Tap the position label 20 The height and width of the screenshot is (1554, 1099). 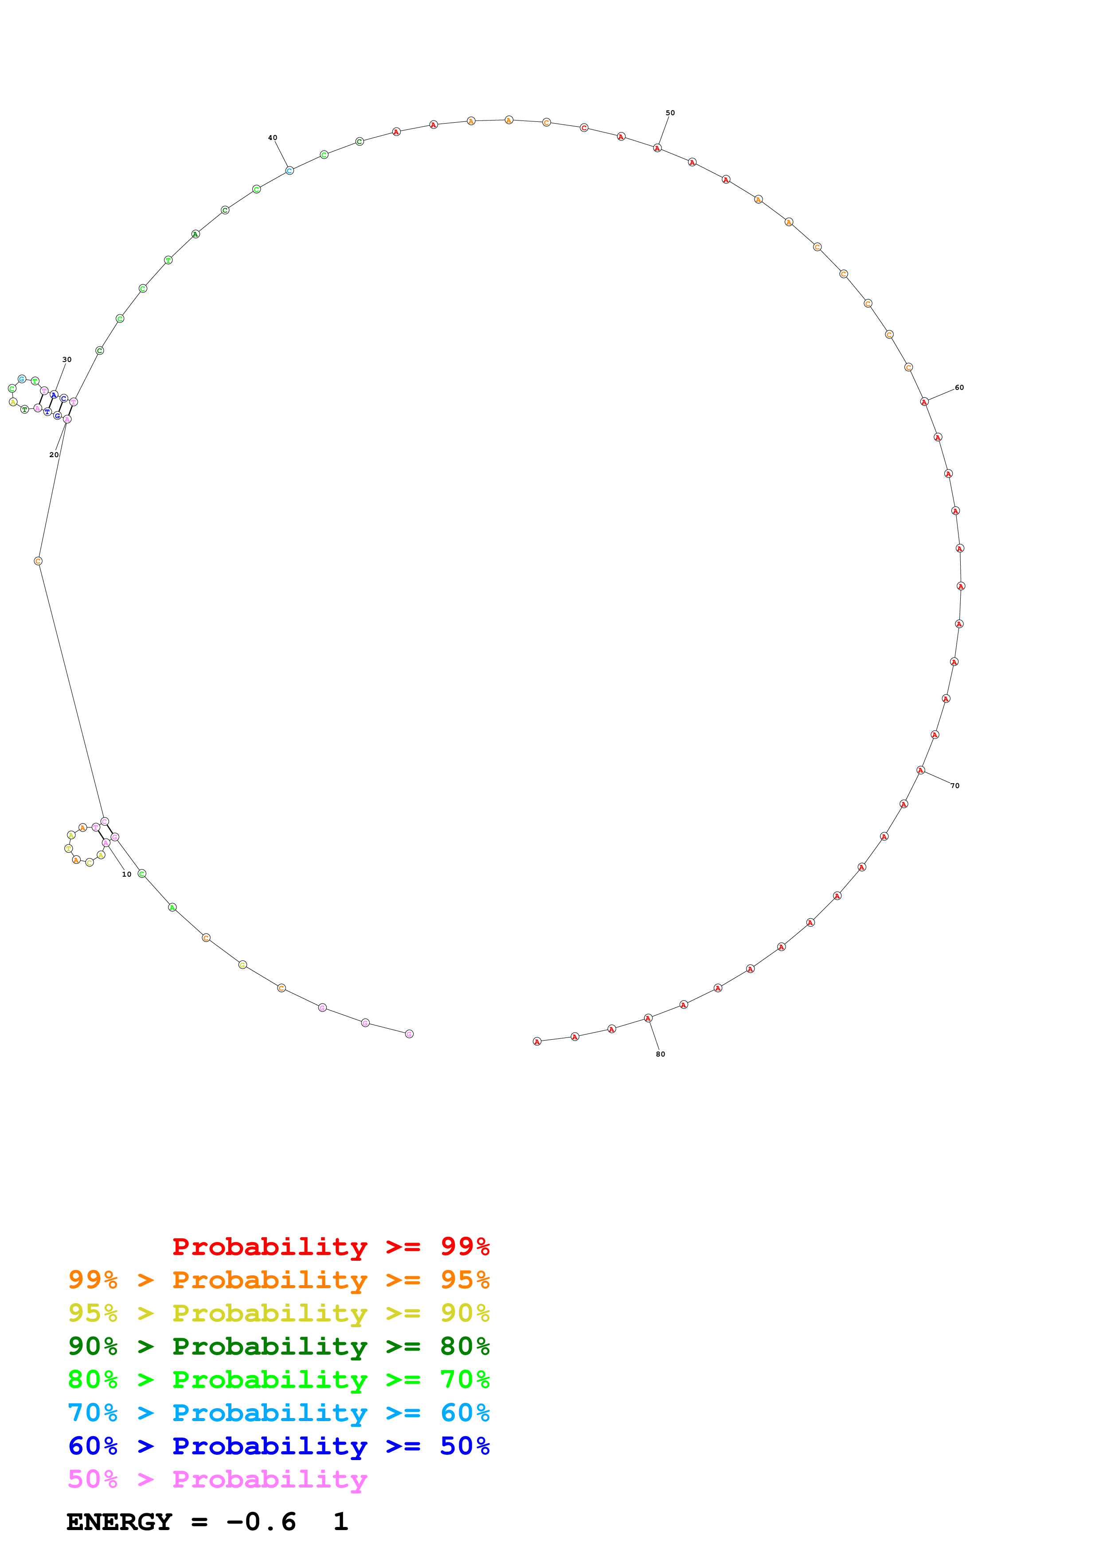[x=54, y=455]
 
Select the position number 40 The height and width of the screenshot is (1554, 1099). [x=272, y=137]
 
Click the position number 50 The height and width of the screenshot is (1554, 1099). [x=670, y=113]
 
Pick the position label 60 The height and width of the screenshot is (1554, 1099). [x=959, y=388]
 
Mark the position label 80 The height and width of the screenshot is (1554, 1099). [x=660, y=1054]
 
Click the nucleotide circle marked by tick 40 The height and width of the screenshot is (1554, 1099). [x=289, y=171]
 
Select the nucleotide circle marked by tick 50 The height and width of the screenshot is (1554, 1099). [x=657, y=148]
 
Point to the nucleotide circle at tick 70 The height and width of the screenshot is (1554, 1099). [x=920, y=770]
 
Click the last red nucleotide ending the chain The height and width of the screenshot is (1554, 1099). [x=537, y=1041]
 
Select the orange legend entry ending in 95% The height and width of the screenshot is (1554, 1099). [x=278, y=1280]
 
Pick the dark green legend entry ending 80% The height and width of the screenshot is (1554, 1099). [x=278, y=1346]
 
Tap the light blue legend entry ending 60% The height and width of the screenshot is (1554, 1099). [x=278, y=1413]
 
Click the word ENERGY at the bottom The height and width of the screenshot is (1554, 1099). [x=119, y=1522]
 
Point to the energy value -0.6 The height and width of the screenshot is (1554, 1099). [x=262, y=1522]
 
